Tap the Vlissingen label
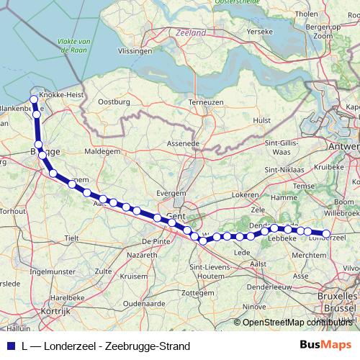135,52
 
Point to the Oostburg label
114,102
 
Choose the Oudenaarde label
144,304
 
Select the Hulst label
262,120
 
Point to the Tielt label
71,237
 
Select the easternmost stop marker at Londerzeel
326,233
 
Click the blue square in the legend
10,346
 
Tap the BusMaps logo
325,346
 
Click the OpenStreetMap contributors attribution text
299,322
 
